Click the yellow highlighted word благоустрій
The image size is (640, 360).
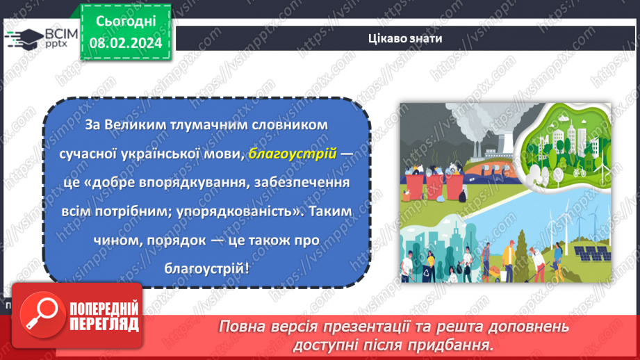pos(292,156)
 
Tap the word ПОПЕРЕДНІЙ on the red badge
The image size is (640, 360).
pos(104,309)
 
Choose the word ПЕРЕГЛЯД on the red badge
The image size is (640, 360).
pos(104,325)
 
